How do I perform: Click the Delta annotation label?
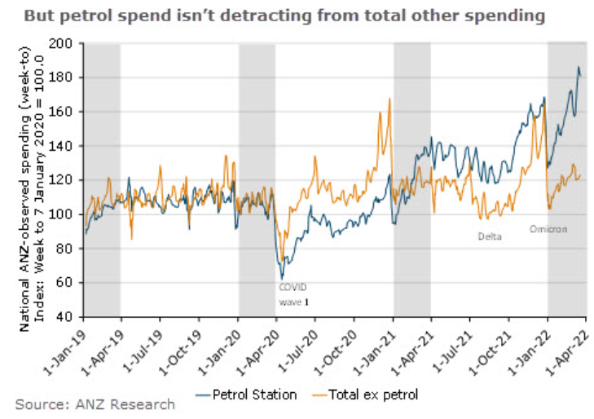click(490, 236)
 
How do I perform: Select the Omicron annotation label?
click(548, 229)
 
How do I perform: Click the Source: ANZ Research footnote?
click(95, 404)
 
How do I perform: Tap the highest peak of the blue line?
click(579, 68)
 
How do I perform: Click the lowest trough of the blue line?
click(282, 280)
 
